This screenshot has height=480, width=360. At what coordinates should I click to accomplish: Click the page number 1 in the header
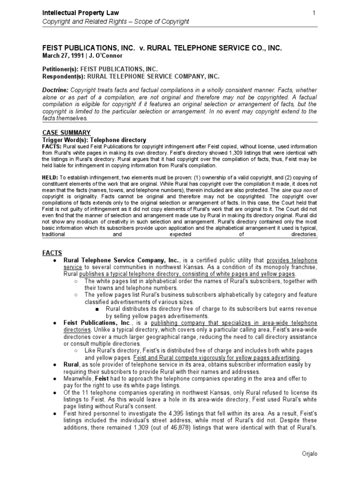tap(313, 12)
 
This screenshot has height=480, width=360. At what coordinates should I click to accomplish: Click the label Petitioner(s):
tap(60, 69)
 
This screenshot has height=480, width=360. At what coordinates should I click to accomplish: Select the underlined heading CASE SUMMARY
tap(66, 133)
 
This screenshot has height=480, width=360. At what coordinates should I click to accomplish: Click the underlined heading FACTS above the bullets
tap(52, 253)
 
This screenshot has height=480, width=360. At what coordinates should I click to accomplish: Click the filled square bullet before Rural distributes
tap(96, 309)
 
